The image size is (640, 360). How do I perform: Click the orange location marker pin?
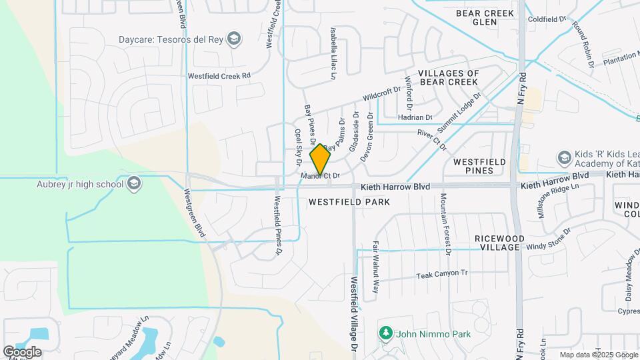[321, 159]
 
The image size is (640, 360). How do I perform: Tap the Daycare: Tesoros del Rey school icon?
[233, 39]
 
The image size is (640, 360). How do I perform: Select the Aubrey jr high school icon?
[134, 184]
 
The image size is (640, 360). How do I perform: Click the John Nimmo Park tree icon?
[385, 333]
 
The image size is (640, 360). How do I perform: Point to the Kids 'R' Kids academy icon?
[565, 157]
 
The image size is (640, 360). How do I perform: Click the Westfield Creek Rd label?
[219, 76]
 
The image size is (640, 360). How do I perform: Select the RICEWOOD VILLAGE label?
[499, 243]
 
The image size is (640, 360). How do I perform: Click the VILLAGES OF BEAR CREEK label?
[448, 77]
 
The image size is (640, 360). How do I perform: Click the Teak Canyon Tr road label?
[442, 274]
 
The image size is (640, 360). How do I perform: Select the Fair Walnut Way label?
[376, 267]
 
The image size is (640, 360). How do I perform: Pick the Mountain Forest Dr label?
[445, 225]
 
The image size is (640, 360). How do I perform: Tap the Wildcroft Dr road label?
[381, 93]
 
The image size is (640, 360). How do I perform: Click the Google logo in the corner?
[22, 351]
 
